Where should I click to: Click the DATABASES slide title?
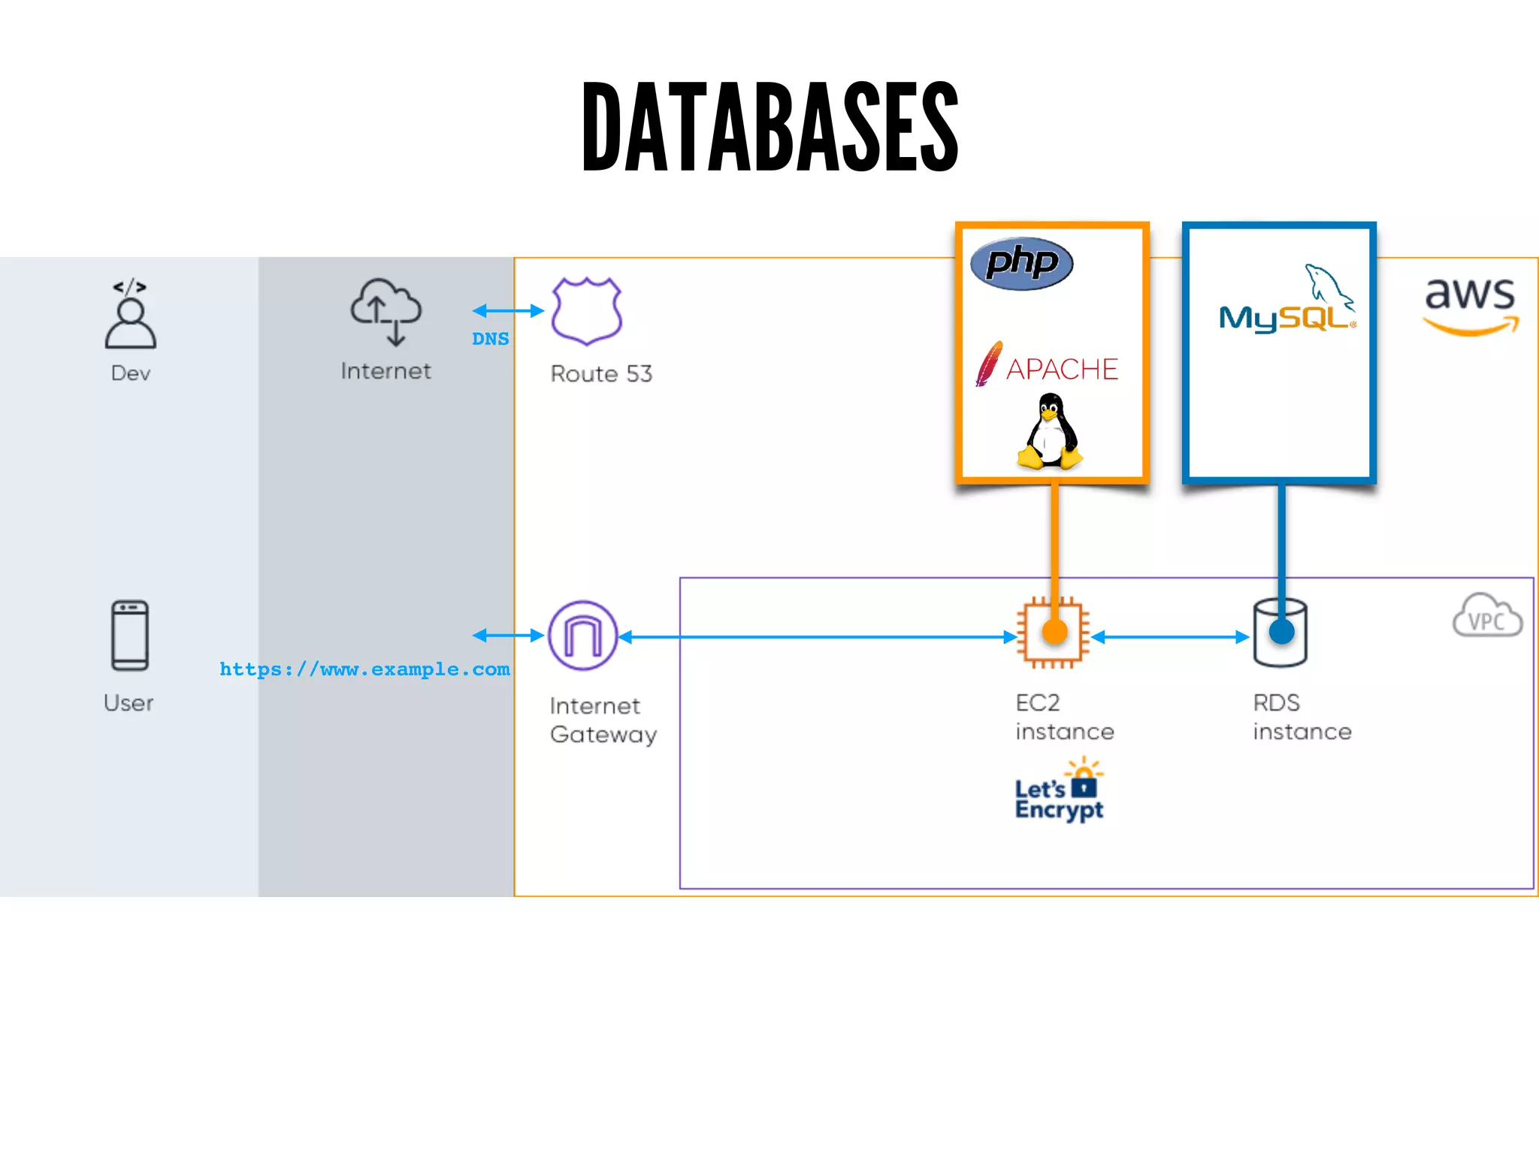tap(769, 126)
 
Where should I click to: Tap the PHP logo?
tap(1021, 263)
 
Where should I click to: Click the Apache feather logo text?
tap(1061, 369)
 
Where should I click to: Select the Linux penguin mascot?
tap(1050, 433)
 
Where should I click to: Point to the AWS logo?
tap(1471, 305)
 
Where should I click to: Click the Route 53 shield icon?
tap(586, 311)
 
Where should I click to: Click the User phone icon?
tap(130, 636)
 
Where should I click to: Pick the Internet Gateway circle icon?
tap(583, 636)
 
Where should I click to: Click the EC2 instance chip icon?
tap(1053, 633)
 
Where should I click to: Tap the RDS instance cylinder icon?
tap(1280, 633)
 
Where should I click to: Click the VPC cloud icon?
tap(1487, 616)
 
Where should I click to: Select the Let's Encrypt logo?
tap(1059, 792)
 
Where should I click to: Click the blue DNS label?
tap(490, 339)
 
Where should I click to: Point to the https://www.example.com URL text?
tap(364, 669)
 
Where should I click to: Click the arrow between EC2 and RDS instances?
tap(1169, 637)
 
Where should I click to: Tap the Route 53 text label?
tap(601, 373)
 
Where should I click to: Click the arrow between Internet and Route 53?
tap(507, 310)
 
